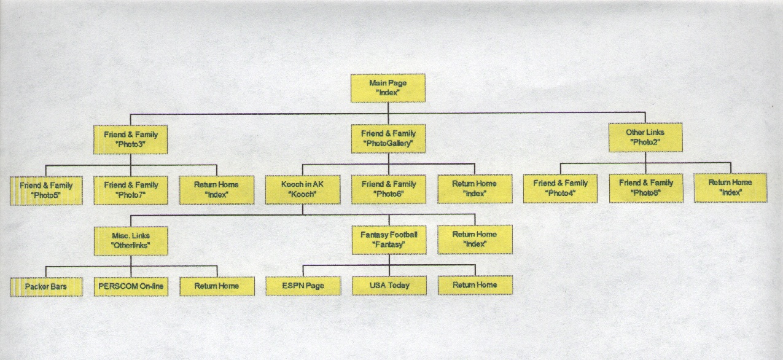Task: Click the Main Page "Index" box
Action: (388, 88)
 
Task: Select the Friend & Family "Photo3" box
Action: (130, 139)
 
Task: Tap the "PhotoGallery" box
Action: (388, 138)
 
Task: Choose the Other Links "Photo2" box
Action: (645, 138)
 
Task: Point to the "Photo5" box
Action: (46, 190)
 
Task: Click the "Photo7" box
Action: (131, 190)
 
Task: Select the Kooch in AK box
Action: (303, 189)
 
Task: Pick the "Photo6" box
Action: (389, 189)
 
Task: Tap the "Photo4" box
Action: (560, 189)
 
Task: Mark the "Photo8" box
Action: (646, 188)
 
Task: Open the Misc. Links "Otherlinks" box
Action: (131, 241)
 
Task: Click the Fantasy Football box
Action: (389, 240)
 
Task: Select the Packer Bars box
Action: (46, 287)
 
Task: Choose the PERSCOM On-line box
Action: (131, 287)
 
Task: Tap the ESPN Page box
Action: (303, 286)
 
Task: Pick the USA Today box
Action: (389, 286)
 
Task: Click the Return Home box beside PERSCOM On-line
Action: (217, 286)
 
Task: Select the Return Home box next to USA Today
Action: (475, 285)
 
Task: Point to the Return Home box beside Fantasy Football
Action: (475, 240)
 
